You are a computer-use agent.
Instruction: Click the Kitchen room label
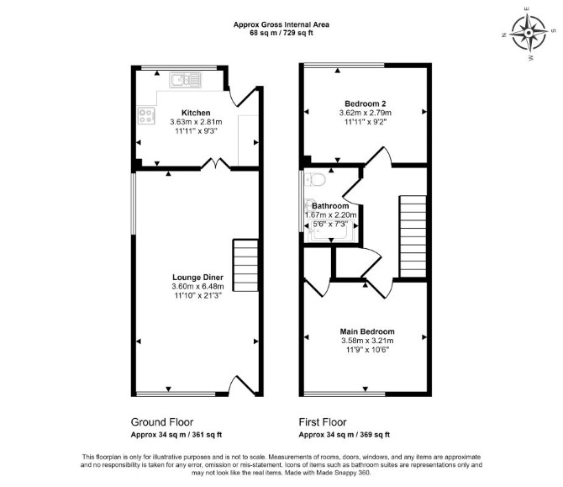point(196,113)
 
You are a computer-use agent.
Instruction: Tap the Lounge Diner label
point(197,277)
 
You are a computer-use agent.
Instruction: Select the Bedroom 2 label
point(366,103)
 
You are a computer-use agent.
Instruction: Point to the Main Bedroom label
point(367,331)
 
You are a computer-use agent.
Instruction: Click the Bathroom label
point(330,206)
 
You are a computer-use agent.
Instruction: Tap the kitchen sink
point(185,80)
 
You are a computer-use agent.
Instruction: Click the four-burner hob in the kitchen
point(146,115)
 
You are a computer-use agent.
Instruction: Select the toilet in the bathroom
point(315,179)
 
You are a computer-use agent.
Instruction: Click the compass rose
point(529,34)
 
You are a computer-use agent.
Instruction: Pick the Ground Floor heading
point(162,422)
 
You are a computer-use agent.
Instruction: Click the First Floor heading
point(323,422)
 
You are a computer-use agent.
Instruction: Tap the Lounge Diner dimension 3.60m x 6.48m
point(197,287)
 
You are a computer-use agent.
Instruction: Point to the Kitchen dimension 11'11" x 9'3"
point(197,131)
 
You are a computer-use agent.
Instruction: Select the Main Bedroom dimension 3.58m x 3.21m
point(367,341)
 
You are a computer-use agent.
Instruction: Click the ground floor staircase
point(245,265)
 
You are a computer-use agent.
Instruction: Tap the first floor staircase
point(413,236)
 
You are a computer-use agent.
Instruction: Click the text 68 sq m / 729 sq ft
point(281,33)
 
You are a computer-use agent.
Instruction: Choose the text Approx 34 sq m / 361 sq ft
point(176,435)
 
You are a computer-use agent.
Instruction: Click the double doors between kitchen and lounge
point(215,163)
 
